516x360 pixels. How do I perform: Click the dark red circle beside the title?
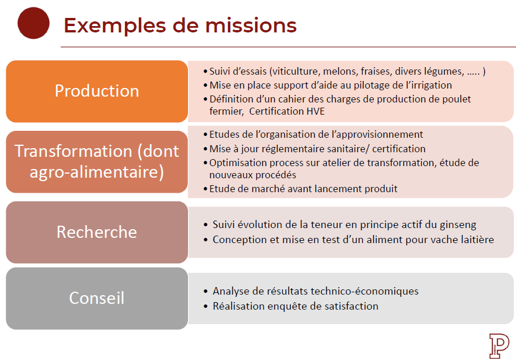coord(33,23)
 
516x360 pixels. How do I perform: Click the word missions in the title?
coord(250,25)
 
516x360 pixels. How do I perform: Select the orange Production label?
coord(97,91)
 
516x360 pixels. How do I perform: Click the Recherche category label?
coord(97,232)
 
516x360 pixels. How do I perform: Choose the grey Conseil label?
coord(97,298)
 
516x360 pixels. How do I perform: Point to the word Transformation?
coord(73,151)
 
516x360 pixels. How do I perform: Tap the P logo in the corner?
coord(499,346)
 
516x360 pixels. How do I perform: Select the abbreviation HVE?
coord(316,111)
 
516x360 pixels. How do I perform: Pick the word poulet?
coord(456,99)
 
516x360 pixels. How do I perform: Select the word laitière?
coord(477,240)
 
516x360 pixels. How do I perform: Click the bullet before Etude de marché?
coord(205,189)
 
